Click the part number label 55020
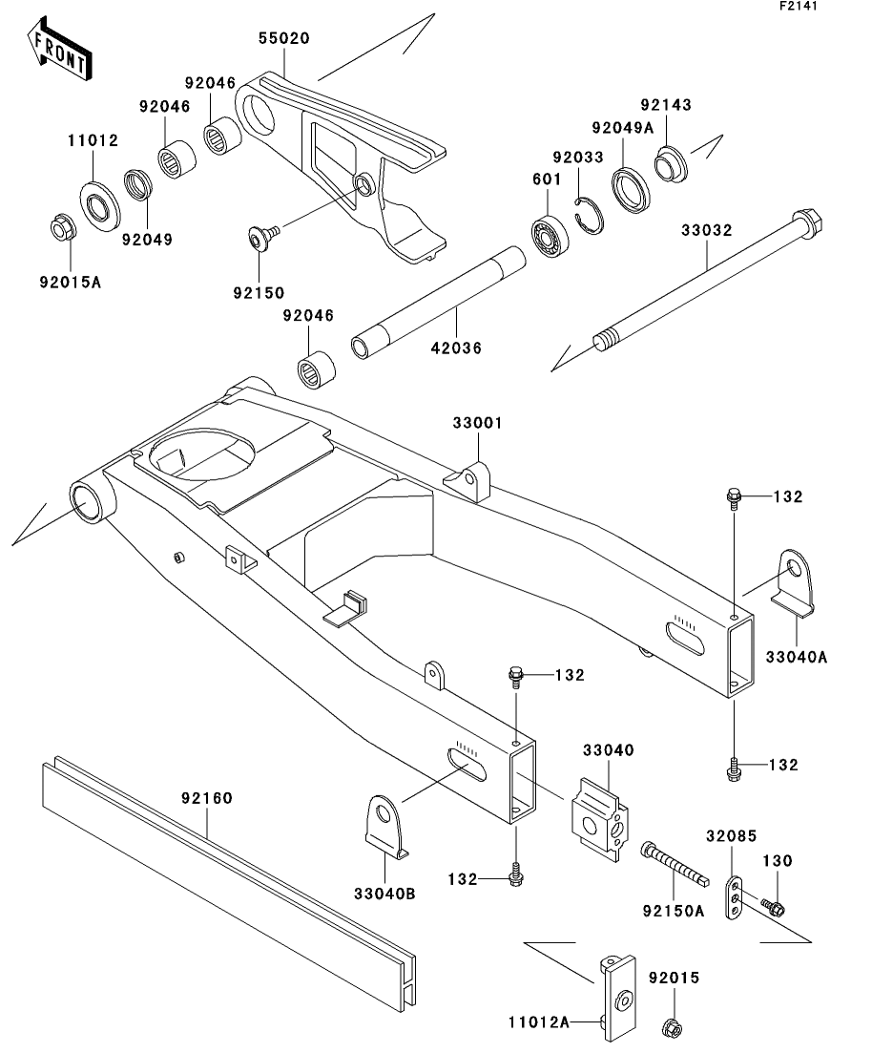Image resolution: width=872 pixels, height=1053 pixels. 284,38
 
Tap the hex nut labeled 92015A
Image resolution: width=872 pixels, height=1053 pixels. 63,229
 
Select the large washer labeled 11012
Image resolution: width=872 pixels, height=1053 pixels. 101,203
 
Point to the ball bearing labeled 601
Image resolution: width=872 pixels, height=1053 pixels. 550,237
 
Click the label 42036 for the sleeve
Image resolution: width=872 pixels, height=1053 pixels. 456,347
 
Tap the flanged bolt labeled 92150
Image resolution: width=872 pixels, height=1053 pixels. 262,238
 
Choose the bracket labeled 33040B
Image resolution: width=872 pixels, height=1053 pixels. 386,827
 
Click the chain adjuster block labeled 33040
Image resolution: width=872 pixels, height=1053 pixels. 600,818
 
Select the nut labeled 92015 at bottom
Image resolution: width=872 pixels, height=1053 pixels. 672,1028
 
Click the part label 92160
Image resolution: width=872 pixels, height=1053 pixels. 207,798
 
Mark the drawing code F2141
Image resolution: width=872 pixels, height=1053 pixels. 799,6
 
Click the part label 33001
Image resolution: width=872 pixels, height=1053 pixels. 477,423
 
